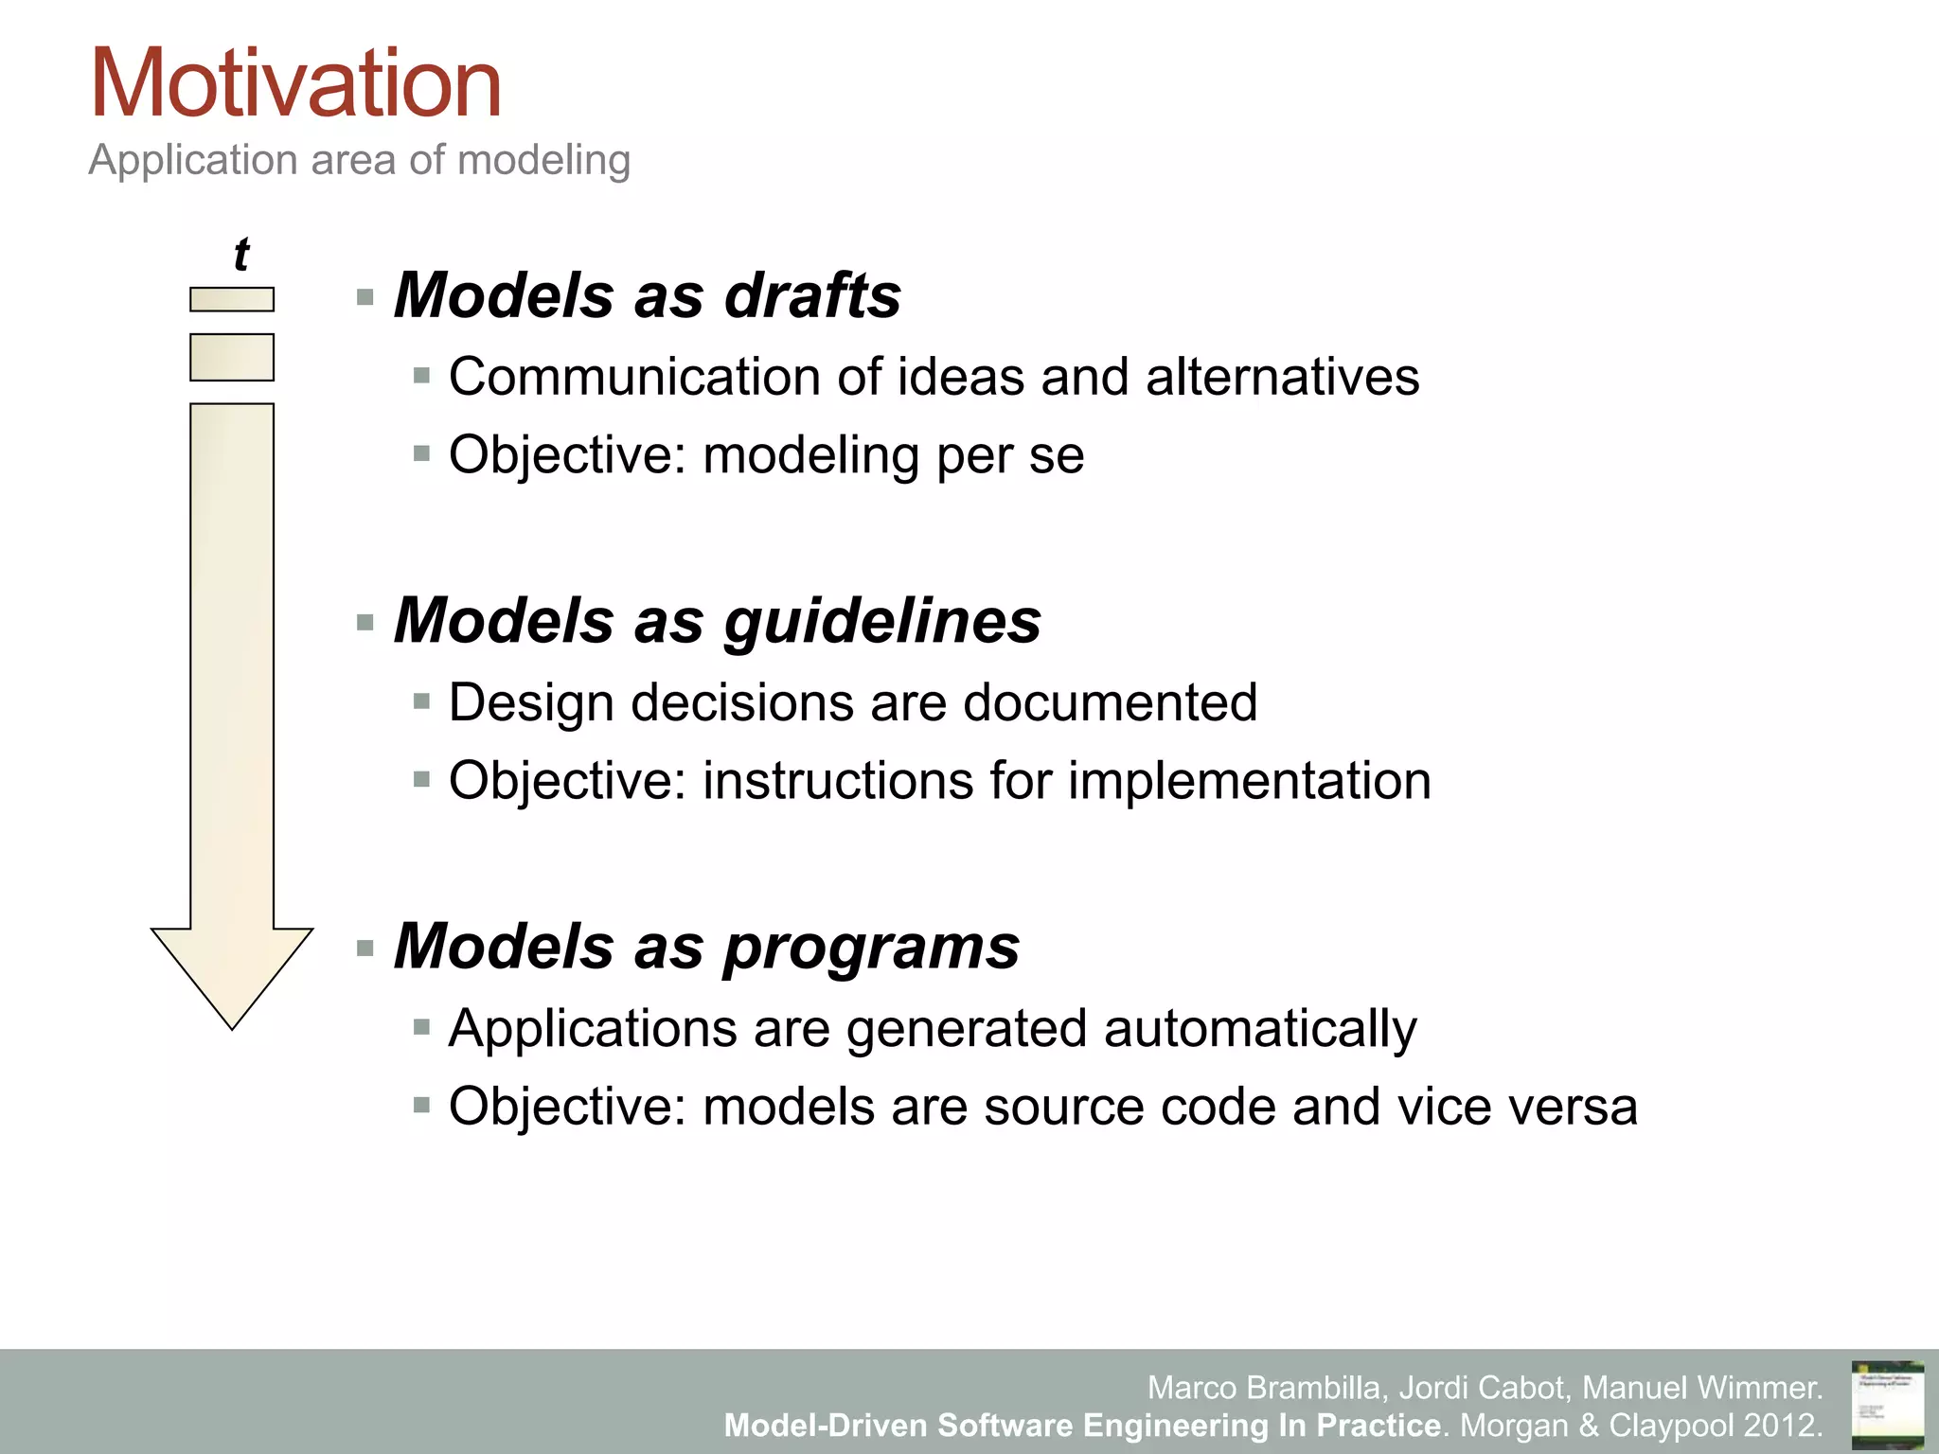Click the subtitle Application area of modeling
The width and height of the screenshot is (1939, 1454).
coord(359,159)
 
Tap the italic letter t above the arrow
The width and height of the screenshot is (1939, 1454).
coord(241,254)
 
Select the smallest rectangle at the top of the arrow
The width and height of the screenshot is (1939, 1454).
coord(232,299)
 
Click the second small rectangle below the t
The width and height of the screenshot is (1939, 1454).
coord(232,357)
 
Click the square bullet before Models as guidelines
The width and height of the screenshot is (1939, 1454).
coord(365,623)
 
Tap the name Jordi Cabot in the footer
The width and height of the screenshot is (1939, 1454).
coord(1482,1388)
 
